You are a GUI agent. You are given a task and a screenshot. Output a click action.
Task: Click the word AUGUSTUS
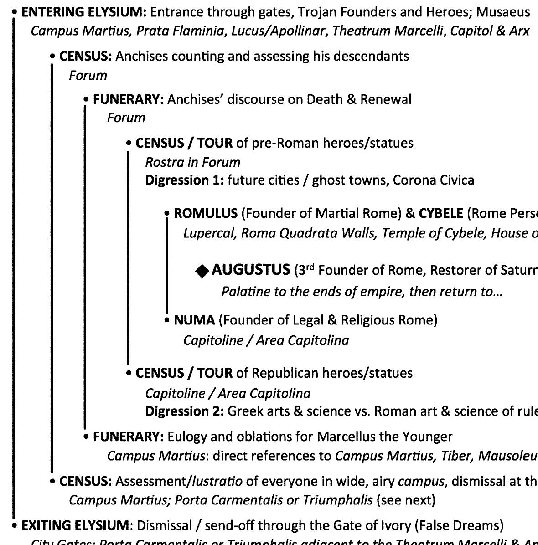[x=251, y=270]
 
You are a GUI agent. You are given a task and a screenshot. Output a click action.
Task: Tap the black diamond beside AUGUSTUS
[x=201, y=271]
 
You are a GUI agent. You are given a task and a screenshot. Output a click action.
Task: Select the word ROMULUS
[x=206, y=213]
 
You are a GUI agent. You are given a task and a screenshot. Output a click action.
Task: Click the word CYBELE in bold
[x=441, y=213]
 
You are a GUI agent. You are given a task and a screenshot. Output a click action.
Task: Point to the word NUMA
[x=194, y=320]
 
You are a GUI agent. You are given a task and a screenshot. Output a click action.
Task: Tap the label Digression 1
[x=184, y=180]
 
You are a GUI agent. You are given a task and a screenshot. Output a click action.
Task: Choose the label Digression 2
[x=184, y=411]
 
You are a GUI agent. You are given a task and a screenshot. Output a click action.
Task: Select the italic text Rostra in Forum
[x=192, y=162]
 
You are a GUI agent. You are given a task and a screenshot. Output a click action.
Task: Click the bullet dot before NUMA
[x=166, y=320]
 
